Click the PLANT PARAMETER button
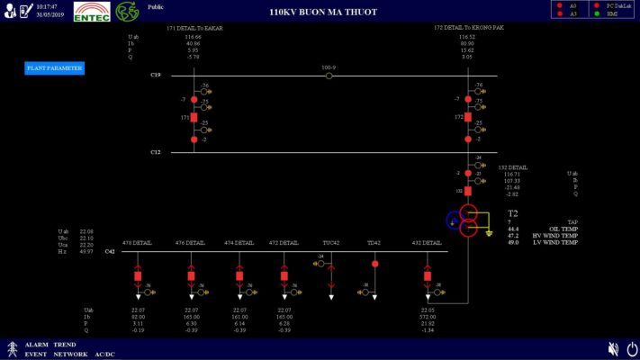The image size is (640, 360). coord(54,68)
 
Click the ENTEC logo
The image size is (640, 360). coord(92,13)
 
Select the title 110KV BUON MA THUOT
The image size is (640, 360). coord(323,12)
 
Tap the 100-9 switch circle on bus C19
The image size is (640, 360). coord(329,76)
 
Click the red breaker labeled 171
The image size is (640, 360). coord(194,117)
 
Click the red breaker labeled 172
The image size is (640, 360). coord(468,117)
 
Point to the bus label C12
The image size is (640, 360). coord(156,152)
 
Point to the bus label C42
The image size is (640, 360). coord(110,252)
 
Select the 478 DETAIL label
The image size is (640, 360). coord(138,243)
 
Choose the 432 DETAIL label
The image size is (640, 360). coord(427,243)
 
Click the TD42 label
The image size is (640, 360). coord(374,243)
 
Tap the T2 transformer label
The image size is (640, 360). coord(512,213)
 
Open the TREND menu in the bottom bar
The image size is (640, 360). coord(64,345)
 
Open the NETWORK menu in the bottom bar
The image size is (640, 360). coord(69,354)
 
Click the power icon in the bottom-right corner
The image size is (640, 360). coord(632,348)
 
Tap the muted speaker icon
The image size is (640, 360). coord(613,348)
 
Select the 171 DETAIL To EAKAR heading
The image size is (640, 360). coord(194,28)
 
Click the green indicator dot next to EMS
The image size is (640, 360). coord(599,14)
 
